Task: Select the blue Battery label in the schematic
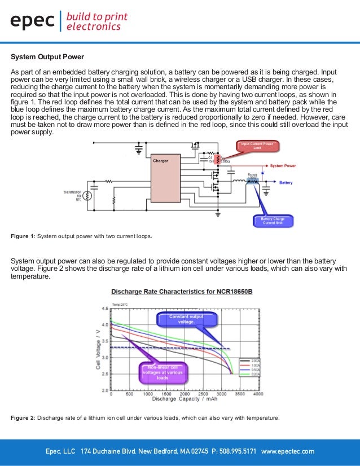point(286,182)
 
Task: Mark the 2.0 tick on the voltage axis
point(105,390)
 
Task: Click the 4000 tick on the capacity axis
point(258,394)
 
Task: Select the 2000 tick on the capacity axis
point(185,394)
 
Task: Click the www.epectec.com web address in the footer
point(288,452)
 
